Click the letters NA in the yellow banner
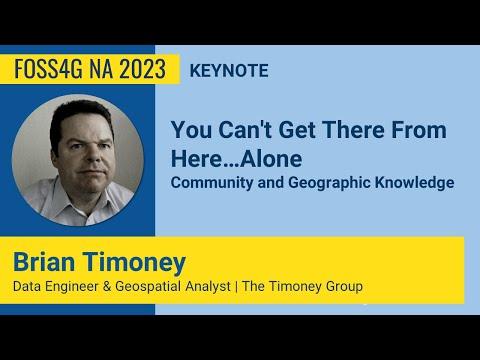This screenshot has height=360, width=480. click(x=105, y=70)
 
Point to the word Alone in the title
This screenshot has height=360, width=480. click(x=271, y=159)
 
